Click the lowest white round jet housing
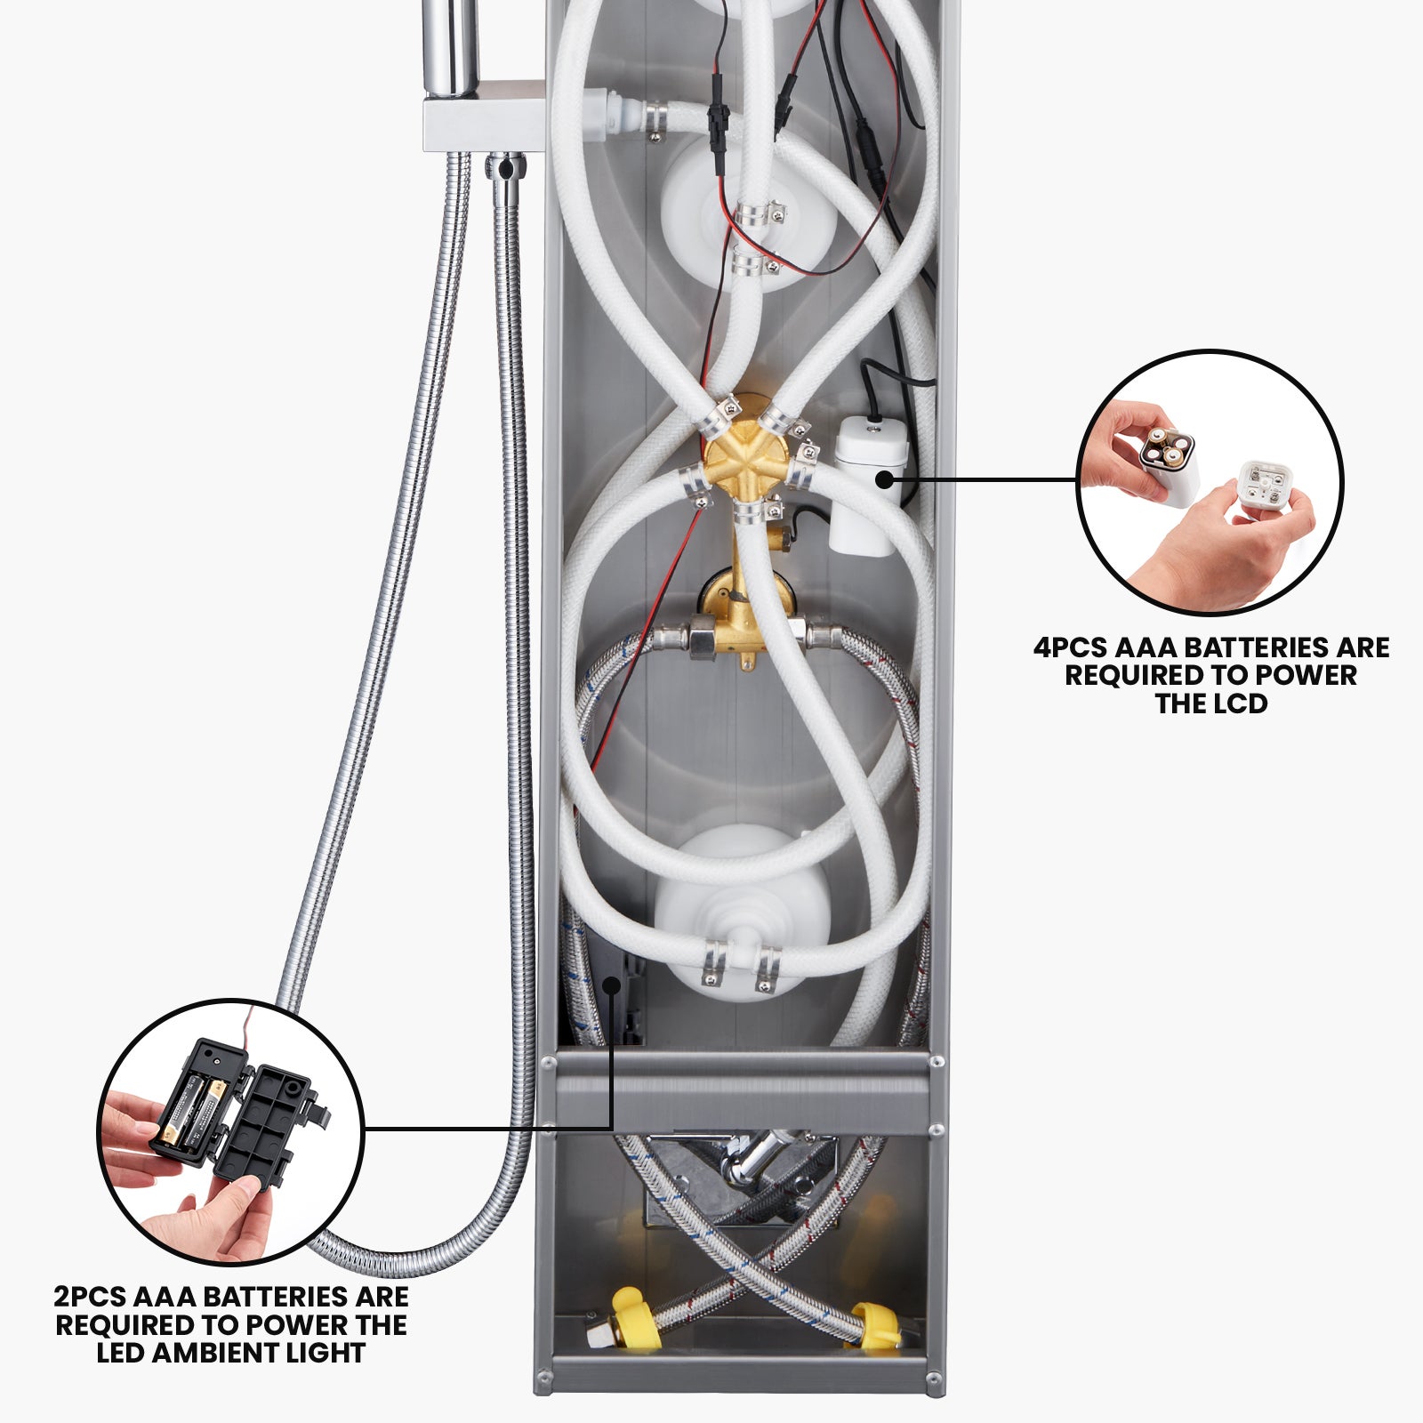[x=743, y=907]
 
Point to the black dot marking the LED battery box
[x=612, y=984]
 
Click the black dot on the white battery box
[x=884, y=479]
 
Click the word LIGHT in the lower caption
[x=331, y=1354]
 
